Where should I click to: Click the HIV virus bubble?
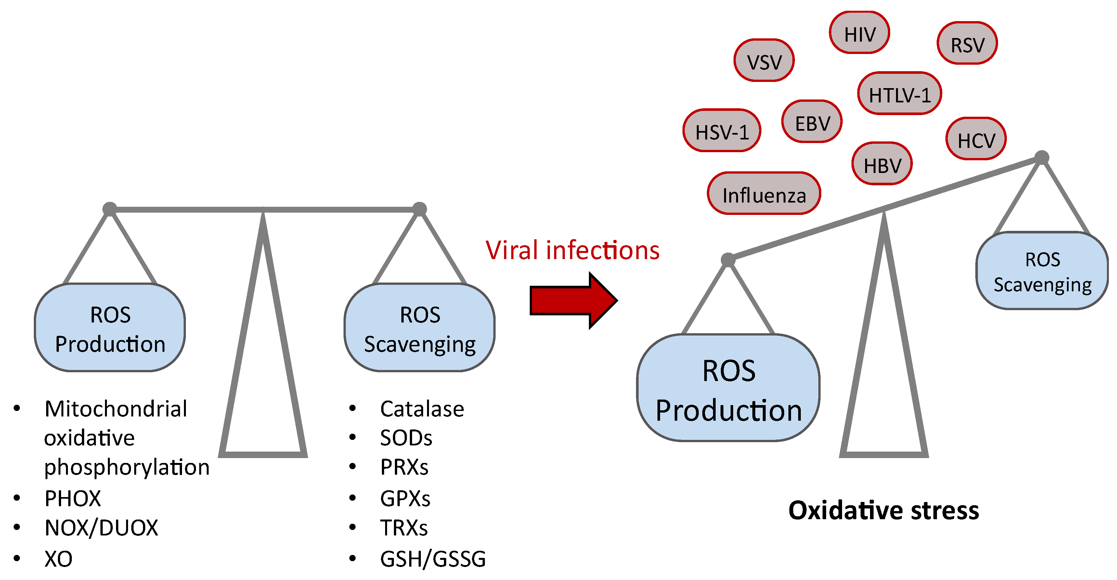[x=859, y=33]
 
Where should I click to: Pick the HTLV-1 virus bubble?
[x=899, y=94]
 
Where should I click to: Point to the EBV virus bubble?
[x=812, y=122]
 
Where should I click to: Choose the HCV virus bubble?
[x=976, y=139]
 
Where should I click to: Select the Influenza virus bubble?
[x=764, y=193]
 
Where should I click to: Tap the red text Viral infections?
[x=572, y=250]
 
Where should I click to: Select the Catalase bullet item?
[x=422, y=409]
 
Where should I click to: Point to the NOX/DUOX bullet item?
[x=101, y=528]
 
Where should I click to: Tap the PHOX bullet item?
[x=72, y=498]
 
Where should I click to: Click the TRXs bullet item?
[x=404, y=528]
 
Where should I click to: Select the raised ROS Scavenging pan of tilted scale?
[x=1042, y=271]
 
